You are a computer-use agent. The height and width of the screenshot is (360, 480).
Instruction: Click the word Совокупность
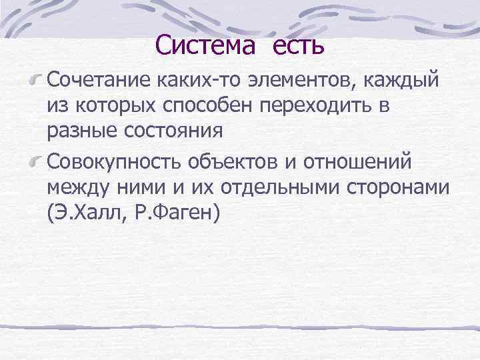[115, 163]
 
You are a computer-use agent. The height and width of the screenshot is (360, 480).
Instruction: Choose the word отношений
[368, 163]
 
